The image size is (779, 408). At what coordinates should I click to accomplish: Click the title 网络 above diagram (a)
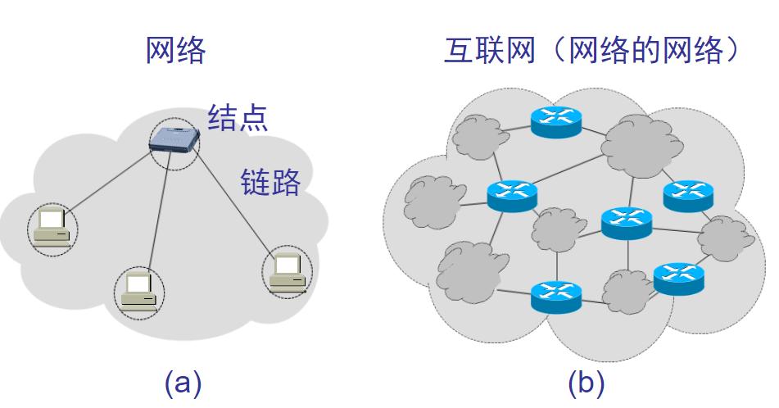175,52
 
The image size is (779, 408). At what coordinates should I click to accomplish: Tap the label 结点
238,117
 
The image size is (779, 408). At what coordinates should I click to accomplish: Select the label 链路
270,182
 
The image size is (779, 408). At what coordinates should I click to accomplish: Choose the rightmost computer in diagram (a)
288,271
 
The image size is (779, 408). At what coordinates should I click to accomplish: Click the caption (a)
183,382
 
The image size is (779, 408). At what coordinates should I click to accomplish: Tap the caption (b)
586,382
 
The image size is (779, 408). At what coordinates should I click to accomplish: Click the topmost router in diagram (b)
555,120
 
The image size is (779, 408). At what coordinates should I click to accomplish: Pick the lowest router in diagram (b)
555,296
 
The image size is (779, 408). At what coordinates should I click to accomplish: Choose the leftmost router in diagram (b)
512,194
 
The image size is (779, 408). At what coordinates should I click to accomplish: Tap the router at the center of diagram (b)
626,221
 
